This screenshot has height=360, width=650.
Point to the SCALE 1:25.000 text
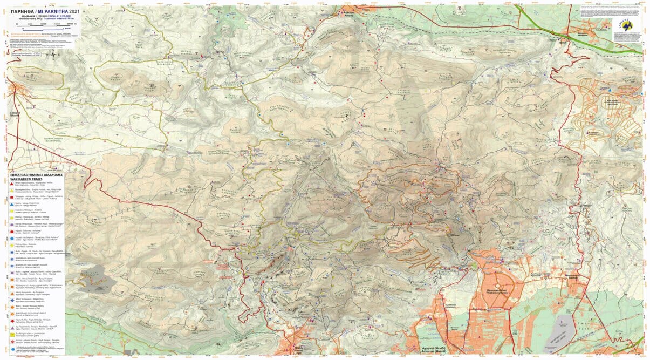pos(59,16)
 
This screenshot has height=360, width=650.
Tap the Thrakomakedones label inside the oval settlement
pos(495,286)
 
